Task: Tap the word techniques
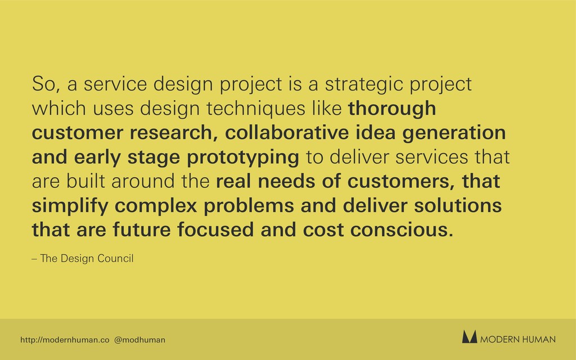pos(256,109)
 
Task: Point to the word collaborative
pos(286,133)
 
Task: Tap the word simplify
pos(70,206)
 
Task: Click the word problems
pos(249,206)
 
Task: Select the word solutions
pos(458,205)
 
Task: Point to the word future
pos(141,229)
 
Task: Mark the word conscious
pos(402,230)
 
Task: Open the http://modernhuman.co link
pos(65,340)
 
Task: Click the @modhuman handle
pos(139,340)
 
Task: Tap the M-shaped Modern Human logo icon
pos(470,337)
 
